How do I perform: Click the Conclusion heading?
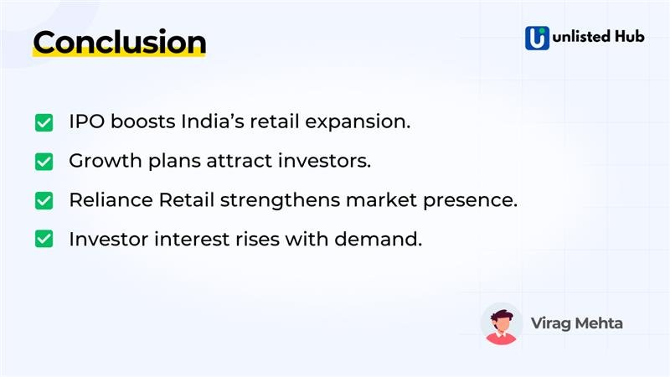coord(119,42)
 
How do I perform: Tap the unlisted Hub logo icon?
coord(537,38)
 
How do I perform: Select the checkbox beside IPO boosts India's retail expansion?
coord(44,122)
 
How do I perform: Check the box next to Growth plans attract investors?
coord(44,162)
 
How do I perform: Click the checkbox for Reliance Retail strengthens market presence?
coord(44,201)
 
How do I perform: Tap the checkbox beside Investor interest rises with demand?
coord(44,240)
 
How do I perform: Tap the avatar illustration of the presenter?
coord(502,323)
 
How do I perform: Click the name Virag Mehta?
coord(576,323)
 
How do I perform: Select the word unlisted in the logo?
coord(582,38)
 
